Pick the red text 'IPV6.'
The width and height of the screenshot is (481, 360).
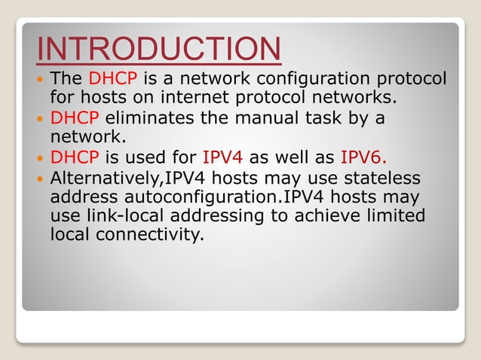pos(366,158)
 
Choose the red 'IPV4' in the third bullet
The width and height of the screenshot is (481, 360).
pos(222,158)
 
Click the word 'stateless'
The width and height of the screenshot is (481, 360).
pos(374,178)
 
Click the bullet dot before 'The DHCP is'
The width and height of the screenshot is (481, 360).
pos(41,79)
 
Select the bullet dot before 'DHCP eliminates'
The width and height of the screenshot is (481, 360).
pos(41,119)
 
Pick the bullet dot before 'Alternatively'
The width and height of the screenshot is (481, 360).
pos(41,178)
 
